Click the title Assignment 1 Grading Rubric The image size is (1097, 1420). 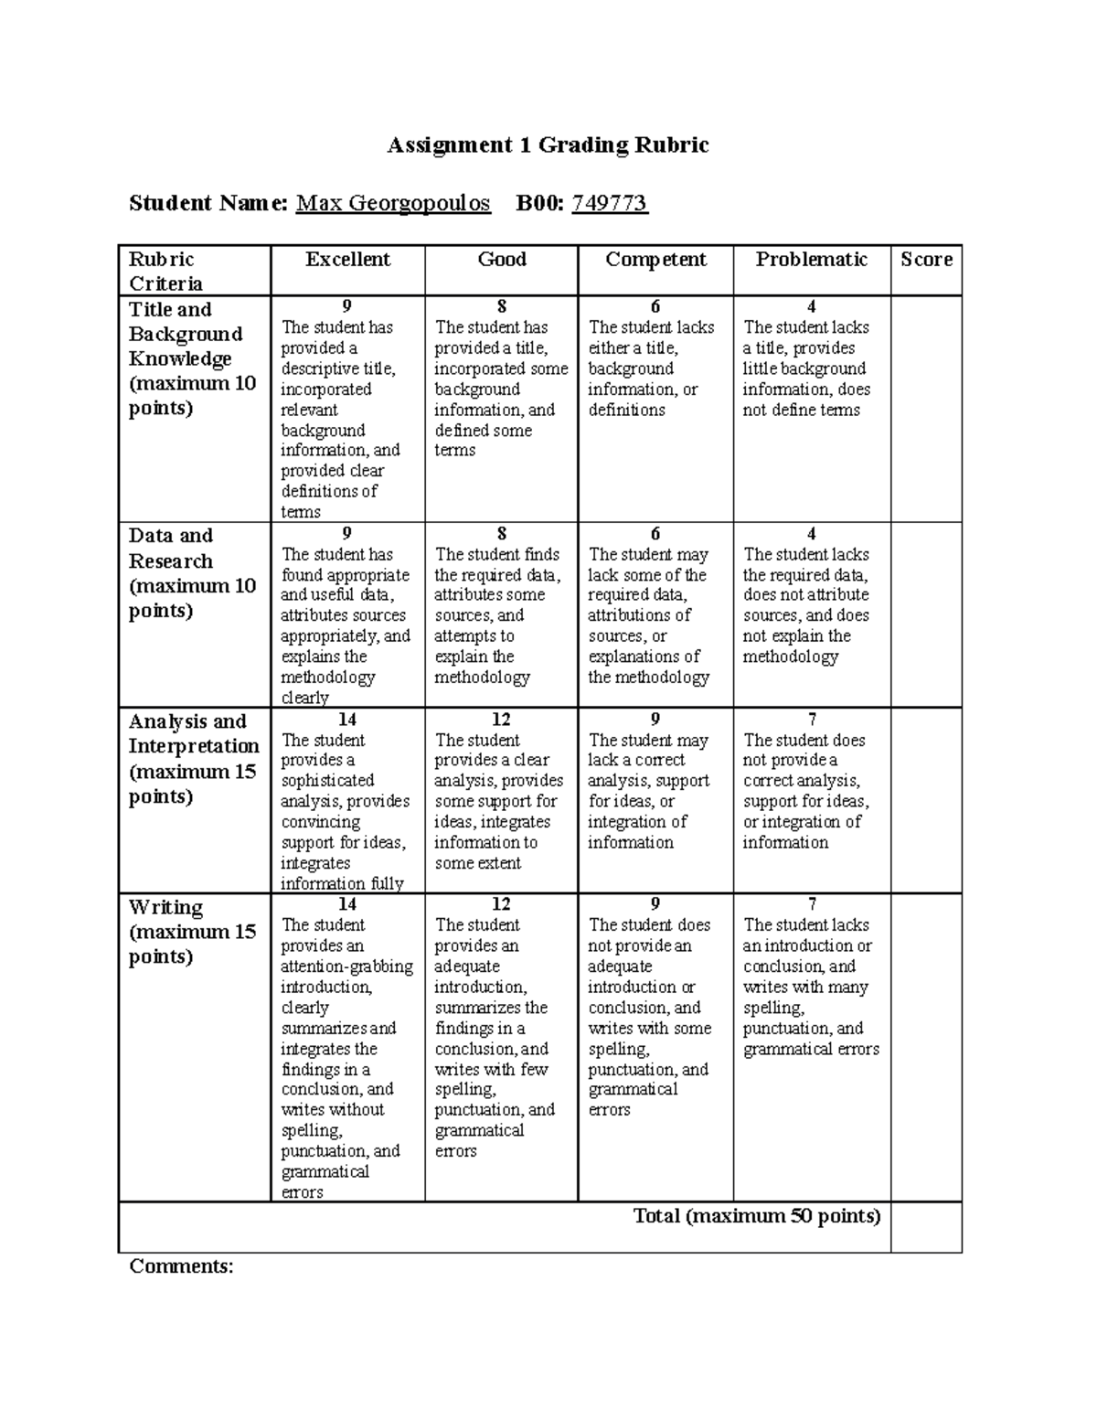[x=548, y=145]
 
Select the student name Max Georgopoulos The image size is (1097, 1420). [x=393, y=203]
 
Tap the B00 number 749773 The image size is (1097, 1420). [x=610, y=203]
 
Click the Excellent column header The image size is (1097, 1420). [x=347, y=260]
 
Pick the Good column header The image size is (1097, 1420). [x=502, y=260]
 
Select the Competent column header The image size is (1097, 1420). [x=655, y=260]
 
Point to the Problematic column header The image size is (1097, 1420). [x=811, y=260]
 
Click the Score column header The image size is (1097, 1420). [x=926, y=260]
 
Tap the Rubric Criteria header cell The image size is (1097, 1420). [x=165, y=271]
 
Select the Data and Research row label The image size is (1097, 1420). [x=191, y=573]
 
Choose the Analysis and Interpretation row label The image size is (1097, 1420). [x=194, y=759]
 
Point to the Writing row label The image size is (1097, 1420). [x=192, y=932]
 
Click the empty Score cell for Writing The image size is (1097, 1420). [x=926, y=1047]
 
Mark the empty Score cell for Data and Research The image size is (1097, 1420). [x=926, y=614]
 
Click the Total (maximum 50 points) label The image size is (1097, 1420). [x=757, y=1216]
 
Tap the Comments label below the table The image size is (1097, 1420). [x=181, y=1266]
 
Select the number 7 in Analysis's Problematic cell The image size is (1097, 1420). [x=812, y=720]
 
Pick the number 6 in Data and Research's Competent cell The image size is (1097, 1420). [x=655, y=534]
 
